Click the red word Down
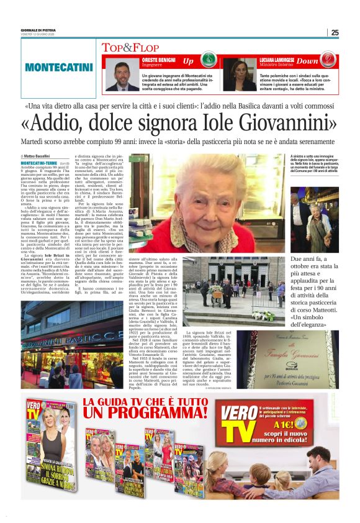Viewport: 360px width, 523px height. [324, 61]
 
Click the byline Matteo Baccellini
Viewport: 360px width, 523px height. [37, 156]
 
